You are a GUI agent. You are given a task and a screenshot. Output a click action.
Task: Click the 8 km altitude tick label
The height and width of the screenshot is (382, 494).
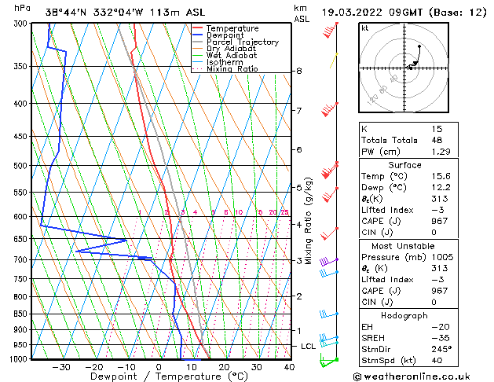tap(299, 71)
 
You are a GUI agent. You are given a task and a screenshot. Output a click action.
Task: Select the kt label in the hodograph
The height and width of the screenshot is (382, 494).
tap(364, 28)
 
